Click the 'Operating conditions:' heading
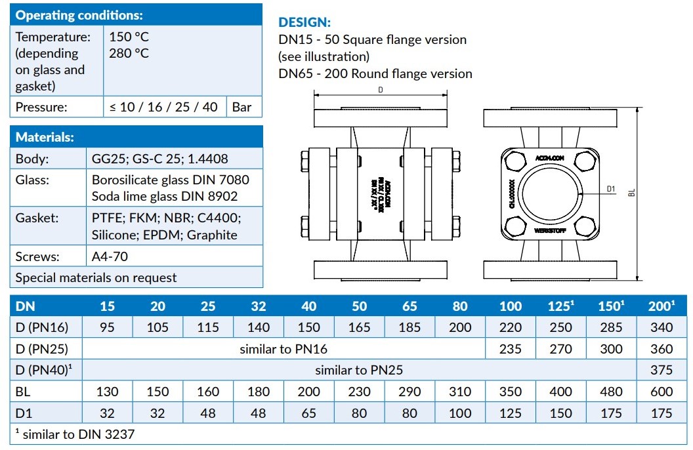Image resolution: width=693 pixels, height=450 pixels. [79, 15]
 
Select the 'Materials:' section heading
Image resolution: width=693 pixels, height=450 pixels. [45, 137]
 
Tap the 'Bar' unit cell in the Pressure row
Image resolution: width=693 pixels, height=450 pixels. [242, 107]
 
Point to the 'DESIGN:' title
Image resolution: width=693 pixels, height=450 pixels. [305, 22]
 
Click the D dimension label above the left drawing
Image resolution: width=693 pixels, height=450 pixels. [381, 90]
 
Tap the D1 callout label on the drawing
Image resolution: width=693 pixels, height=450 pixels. [610, 190]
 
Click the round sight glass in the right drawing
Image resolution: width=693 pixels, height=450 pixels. [544, 195]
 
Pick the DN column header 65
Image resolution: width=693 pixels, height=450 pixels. [409, 306]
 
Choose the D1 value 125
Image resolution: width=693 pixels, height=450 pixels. [511, 413]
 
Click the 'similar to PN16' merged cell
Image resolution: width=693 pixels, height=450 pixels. [283, 349]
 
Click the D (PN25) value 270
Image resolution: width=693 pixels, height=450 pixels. [560, 349]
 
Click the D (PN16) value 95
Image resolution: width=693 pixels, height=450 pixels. [108, 327]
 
